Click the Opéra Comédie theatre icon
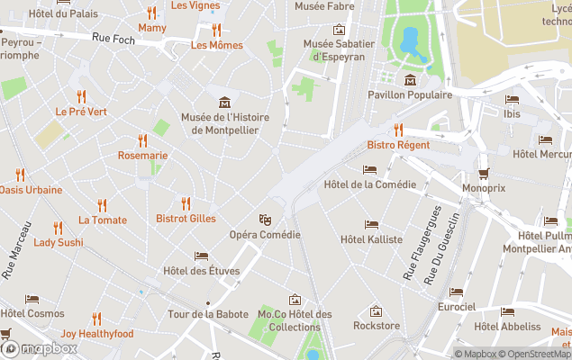tap(265, 219)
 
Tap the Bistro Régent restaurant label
tap(397, 144)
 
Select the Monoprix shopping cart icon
tap(484, 174)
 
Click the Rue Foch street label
tap(113, 38)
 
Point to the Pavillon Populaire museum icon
tap(411, 79)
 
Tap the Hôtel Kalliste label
tap(371, 239)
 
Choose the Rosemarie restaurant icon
tap(142, 140)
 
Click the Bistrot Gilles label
tap(186, 218)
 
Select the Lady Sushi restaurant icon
tap(59, 228)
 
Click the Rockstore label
tap(377, 325)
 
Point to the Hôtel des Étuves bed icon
tap(201, 256)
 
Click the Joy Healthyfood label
tap(97, 334)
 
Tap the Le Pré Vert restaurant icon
tap(81, 97)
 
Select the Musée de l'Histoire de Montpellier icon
tap(224, 102)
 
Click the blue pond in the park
tap(410, 40)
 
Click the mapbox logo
tap(38, 348)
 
